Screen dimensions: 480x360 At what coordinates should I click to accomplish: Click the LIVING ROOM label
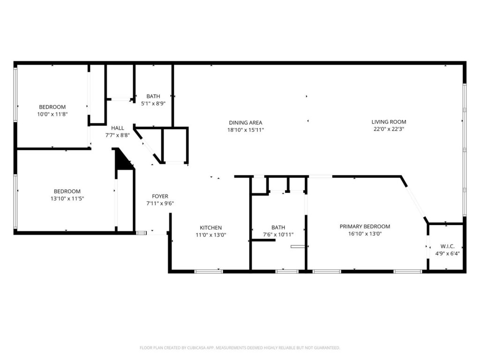click(x=389, y=122)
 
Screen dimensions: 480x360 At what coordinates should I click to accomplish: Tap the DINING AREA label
click(x=246, y=123)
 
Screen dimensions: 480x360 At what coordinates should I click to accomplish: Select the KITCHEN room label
click(x=210, y=228)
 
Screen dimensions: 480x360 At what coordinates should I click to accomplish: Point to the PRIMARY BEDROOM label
click(x=365, y=226)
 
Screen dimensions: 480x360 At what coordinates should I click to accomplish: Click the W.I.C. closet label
click(x=447, y=247)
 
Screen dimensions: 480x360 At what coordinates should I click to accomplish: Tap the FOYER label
click(x=160, y=196)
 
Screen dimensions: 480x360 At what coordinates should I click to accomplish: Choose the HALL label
click(x=118, y=128)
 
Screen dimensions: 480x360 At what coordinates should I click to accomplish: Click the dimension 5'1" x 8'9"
click(x=153, y=104)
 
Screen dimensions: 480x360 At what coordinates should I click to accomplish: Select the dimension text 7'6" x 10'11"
click(x=278, y=235)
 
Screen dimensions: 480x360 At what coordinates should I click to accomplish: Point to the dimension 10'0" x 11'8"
click(x=52, y=114)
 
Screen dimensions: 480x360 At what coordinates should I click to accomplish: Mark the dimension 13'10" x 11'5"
click(x=67, y=199)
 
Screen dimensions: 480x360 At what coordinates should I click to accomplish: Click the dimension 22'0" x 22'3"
click(x=389, y=129)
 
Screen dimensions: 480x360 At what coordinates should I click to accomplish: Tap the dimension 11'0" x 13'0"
click(x=211, y=235)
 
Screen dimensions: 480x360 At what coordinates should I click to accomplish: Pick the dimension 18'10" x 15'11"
click(x=246, y=130)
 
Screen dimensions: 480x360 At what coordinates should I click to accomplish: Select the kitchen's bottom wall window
click(x=209, y=271)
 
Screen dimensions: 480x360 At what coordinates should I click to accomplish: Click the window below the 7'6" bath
click(x=287, y=271)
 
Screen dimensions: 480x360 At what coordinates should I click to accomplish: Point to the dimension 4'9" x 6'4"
click(x=447, y=254)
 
